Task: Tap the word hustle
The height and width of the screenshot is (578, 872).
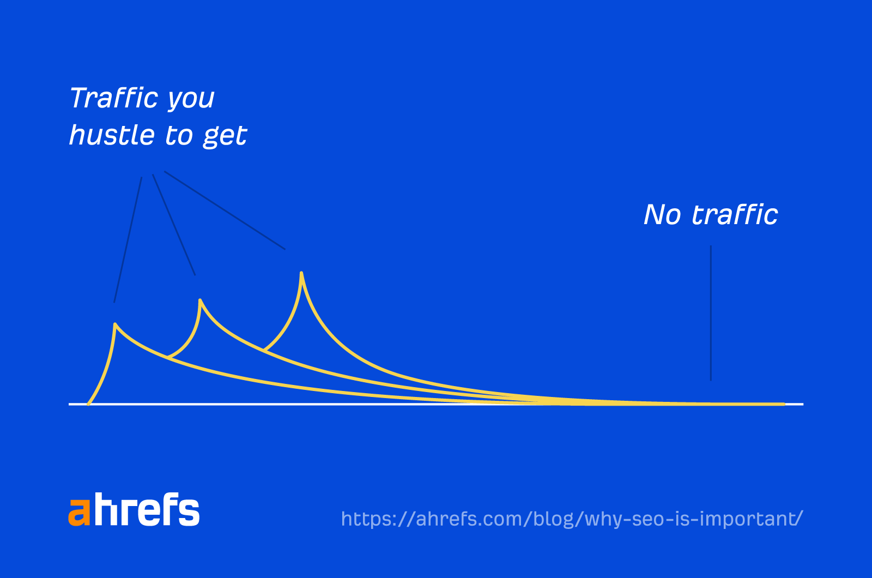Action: pyautogui.click(x=112, y=135)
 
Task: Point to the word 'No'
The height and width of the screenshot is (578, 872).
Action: pyautogui.click(x=662, y=215)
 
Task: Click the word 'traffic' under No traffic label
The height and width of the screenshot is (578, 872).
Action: pyautogui.click(x=735, y=215)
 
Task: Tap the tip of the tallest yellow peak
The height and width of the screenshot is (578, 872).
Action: pyautogui.click(x=301, y=273)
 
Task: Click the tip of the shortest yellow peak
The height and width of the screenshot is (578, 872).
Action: pyautogui.click(x=115, y=324)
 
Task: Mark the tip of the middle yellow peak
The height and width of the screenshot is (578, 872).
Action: pyautogui.click(x=200, y=300)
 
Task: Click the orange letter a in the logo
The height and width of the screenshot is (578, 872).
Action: pyautogui.click(x=79, y=512)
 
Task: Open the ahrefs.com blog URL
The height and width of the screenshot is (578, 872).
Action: pyautogui.click(x=572, y=519)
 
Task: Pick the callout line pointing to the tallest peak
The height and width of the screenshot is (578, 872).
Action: pyautogui.click(x=225, y=211)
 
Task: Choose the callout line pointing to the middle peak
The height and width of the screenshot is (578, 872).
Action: pyautogui.click(x=173, y=224)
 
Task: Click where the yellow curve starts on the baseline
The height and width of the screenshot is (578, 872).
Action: pyautogui.click(x=88, y=404)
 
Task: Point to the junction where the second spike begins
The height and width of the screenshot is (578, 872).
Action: pyautogui.click(x=168, y=358)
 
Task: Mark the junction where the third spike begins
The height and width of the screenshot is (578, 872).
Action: pyautogui.click(x=264, y=350)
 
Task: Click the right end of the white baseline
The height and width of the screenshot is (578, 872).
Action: pyautogui.click(x=802, y=404)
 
